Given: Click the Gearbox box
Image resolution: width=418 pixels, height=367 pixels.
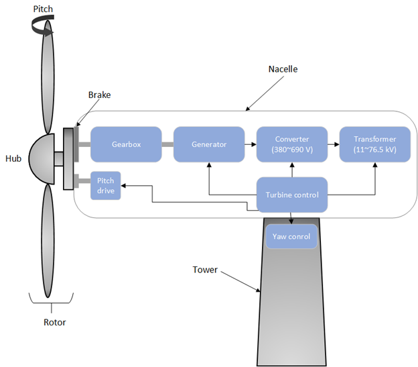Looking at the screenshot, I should coord(126,144).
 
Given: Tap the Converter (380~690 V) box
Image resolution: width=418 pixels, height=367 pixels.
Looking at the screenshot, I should coord(291,144).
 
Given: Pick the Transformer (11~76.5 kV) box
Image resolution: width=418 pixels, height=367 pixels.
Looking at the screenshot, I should coord(374,144).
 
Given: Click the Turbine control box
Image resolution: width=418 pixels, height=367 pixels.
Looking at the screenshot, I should coord(291,195).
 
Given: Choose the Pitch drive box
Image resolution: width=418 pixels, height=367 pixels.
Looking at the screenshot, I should coord(105,185).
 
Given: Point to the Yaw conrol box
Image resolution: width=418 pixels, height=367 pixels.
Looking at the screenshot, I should coord(291,237).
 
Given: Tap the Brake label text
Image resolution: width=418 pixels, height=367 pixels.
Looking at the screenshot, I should coord(99,95).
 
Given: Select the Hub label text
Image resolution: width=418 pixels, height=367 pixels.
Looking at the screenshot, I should coord(13,158).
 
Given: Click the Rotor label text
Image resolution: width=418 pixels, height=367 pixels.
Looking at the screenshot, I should coord(55,322).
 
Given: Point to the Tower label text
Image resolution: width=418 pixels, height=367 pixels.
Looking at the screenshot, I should coord(206,270).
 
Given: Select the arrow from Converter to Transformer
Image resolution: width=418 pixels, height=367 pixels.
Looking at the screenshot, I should coord(332,144).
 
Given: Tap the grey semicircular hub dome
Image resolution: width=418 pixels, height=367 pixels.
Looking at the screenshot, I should coord(42,158).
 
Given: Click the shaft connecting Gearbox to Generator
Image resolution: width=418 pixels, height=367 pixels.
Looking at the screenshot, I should coord(167,144).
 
